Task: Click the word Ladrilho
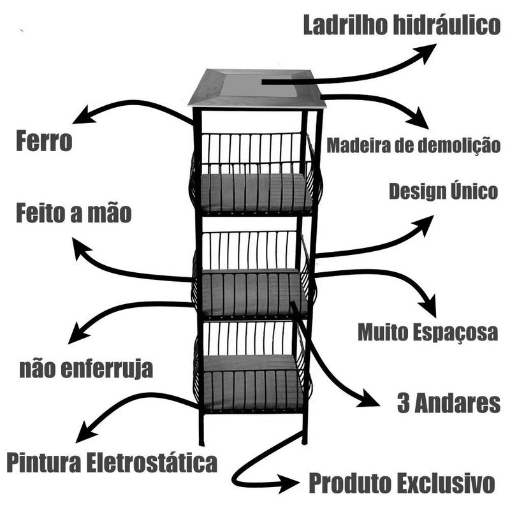coord(346,25)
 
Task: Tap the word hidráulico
coord(447,25)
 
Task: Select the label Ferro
coord(44,141)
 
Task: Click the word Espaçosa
coord(453,333)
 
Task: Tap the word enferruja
coord(107,369)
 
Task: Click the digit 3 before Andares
coord(404,403)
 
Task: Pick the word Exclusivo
coord(446,483)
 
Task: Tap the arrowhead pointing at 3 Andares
coord(369,399)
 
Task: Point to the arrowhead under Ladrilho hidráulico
coord(426,52)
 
